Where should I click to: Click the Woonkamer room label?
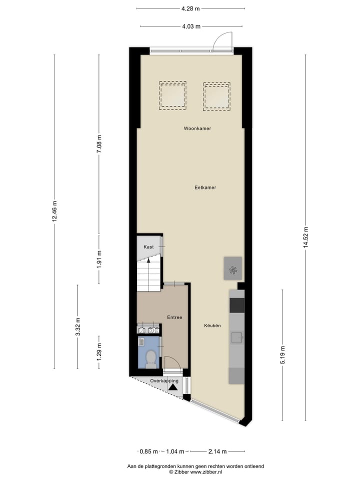click(x=197, y=128)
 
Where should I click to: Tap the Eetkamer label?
click(x=205, y=187)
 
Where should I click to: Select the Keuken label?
click(x=212, y=325)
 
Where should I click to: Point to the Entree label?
click(x=174, y=317)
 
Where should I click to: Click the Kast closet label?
click(x=148, y=247)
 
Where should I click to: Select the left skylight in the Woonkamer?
click(x=172, y=95)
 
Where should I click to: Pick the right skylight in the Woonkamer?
click(x=216, y=95)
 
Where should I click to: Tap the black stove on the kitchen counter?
click(x=237, y=305)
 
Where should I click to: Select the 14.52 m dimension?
click(x=305, y=239)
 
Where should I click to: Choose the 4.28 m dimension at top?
click(x=190, y=8)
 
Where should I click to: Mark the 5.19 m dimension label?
click(x=282, y=355)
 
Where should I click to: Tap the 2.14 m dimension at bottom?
click(x=217, y=451)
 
